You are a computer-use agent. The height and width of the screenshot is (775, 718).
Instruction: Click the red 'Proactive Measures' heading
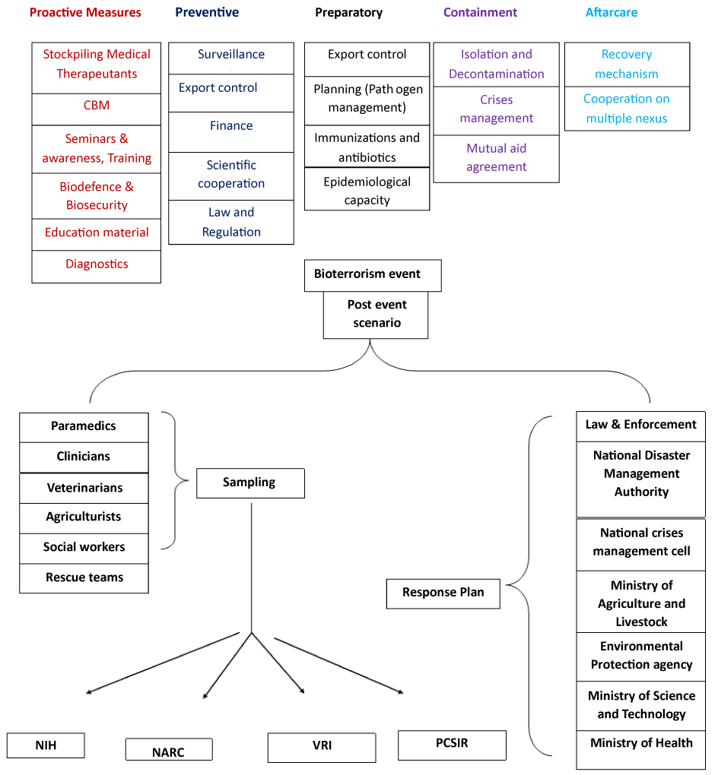point(85,12)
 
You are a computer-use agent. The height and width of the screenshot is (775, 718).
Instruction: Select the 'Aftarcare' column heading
point(612,12)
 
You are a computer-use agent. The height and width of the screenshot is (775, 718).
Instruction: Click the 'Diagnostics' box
point(97,267)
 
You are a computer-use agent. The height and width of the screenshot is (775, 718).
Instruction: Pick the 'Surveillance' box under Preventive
point(231,59)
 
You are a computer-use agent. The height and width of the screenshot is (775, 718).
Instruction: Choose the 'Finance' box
point(231,132)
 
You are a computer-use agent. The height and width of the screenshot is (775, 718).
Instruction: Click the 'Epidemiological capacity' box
point(367,189)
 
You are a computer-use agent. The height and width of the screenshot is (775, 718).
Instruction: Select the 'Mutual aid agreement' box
point(497,159)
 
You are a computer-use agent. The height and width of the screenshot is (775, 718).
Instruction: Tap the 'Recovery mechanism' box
point(627,65)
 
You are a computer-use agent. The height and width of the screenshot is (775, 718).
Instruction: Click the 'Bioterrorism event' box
point(373,275)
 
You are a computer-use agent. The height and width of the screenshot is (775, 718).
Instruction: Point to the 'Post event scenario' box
point(376,315)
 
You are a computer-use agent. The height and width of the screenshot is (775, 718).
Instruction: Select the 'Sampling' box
point(250,483)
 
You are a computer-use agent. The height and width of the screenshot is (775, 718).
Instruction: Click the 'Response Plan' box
point(443,593)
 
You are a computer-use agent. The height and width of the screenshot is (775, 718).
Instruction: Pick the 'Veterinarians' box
point(84,489)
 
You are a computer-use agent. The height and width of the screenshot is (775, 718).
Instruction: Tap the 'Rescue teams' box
point(84,578)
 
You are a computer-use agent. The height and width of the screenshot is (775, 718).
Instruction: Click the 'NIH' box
point(46,745)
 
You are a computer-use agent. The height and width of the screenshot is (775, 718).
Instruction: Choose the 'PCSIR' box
point(452,745)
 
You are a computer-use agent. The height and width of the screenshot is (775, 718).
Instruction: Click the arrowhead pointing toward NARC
point(205,695)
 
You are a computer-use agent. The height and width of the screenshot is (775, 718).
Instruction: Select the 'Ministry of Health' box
point(641,750)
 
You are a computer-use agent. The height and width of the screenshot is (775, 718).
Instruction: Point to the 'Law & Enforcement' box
point(641,426)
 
